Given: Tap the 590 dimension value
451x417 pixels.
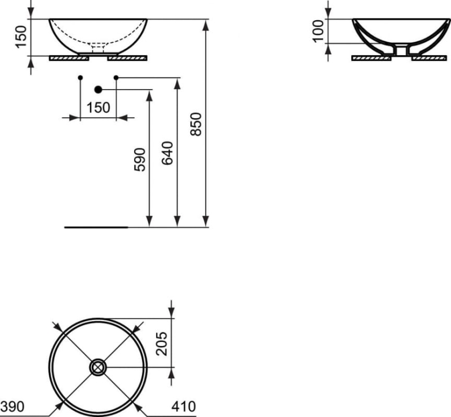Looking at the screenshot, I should tap(140, 159).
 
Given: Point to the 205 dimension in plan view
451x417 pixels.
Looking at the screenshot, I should tap(162, 341).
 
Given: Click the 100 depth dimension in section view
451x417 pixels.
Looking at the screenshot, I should tap(319, 31).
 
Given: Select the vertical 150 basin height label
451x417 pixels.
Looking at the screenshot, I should tap(21, 38).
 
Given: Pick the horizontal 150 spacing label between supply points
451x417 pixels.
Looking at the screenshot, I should tap(99, 108).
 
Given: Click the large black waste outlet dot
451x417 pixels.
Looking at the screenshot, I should tap(98, 89).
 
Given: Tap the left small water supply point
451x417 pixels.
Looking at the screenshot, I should tap(80, 77).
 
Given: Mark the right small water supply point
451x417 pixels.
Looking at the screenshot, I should tap(116, 77).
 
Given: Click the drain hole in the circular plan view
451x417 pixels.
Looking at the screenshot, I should tap(98, 367).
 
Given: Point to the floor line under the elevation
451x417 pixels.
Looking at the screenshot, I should tap(96, 228).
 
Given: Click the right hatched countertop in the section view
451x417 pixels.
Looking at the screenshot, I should tap(431, 57).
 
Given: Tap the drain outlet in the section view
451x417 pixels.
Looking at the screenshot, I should tap(401, 51).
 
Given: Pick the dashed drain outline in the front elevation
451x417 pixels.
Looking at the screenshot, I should tap(98, 47).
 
